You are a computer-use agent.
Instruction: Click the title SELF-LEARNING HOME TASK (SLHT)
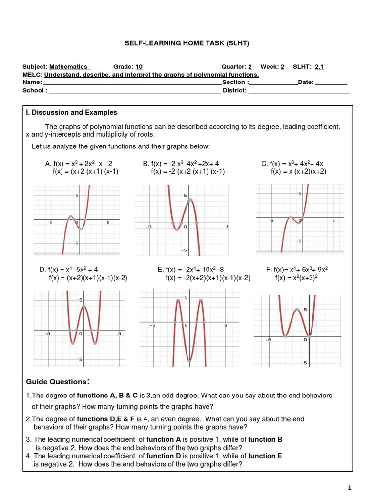187,43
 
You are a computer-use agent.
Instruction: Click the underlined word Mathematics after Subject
68,67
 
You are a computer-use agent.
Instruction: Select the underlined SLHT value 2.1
319,67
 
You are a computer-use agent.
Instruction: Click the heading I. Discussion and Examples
71,112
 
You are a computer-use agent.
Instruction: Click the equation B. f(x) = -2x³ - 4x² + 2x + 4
181,164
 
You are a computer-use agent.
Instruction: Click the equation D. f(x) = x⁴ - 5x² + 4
68,270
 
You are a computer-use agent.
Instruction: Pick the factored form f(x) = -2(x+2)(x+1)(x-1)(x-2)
208,278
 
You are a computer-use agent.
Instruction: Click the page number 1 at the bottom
350,487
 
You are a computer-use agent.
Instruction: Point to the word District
234,90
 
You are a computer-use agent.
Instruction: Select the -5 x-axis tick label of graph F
268,340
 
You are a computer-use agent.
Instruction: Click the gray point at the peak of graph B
190,200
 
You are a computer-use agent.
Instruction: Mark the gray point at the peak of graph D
84,306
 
